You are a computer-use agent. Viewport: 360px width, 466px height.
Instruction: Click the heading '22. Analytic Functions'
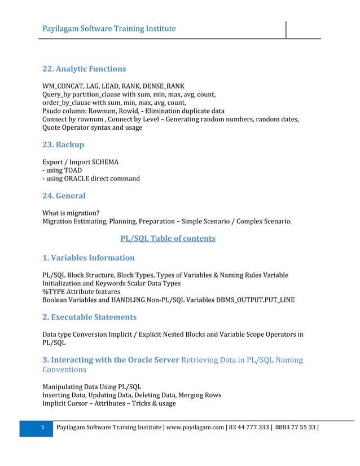pos(84,69)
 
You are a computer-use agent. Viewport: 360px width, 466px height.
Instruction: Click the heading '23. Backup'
pos(63,144)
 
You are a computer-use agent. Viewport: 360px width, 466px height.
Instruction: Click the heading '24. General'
pos(64,196)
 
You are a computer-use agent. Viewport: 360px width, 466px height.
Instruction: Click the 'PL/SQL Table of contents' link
pos(168,239)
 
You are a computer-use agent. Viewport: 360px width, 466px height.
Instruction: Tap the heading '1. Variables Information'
pos(89,258)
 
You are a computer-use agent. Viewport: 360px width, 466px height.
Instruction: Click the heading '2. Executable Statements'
pos(90,317)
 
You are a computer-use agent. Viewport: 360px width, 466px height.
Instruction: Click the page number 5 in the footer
pos(42,429)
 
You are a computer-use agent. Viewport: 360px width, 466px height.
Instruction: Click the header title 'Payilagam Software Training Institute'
pos(109,28)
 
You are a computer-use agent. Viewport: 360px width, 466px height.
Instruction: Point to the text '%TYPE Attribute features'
pos(81,292)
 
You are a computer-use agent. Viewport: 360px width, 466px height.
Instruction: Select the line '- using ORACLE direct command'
pos(91,178)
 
